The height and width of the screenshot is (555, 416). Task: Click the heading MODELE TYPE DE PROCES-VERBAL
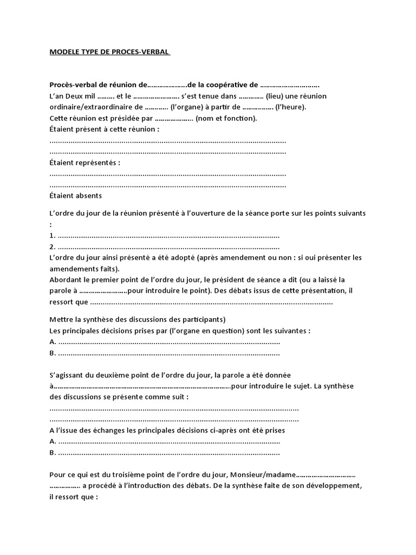tap(109, 53)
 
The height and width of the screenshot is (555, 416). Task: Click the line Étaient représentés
tap(84, 162)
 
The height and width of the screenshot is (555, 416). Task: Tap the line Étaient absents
tap(75, 195)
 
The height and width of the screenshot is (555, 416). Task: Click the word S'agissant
tap(67, 375)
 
